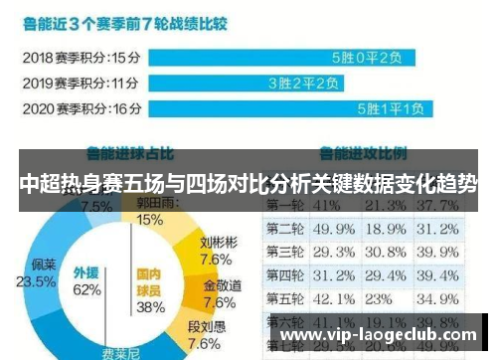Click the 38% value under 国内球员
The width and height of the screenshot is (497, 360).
[149, 307]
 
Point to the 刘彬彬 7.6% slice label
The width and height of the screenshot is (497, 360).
[217, 250]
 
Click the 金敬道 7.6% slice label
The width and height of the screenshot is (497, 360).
[220, 294]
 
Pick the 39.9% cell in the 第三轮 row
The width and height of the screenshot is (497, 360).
[440, 251]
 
